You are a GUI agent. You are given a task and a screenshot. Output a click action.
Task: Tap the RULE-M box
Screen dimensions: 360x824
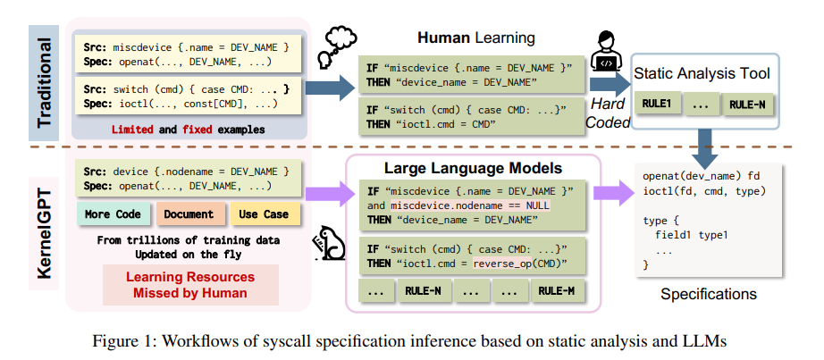tap(558, 290)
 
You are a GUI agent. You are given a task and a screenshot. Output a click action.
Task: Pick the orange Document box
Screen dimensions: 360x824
tap(189, 214)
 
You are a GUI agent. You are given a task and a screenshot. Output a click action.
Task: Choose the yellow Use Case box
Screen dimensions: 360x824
tap(264, 214)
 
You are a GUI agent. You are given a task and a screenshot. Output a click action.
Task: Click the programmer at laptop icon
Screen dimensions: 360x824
tap(609, 54)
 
